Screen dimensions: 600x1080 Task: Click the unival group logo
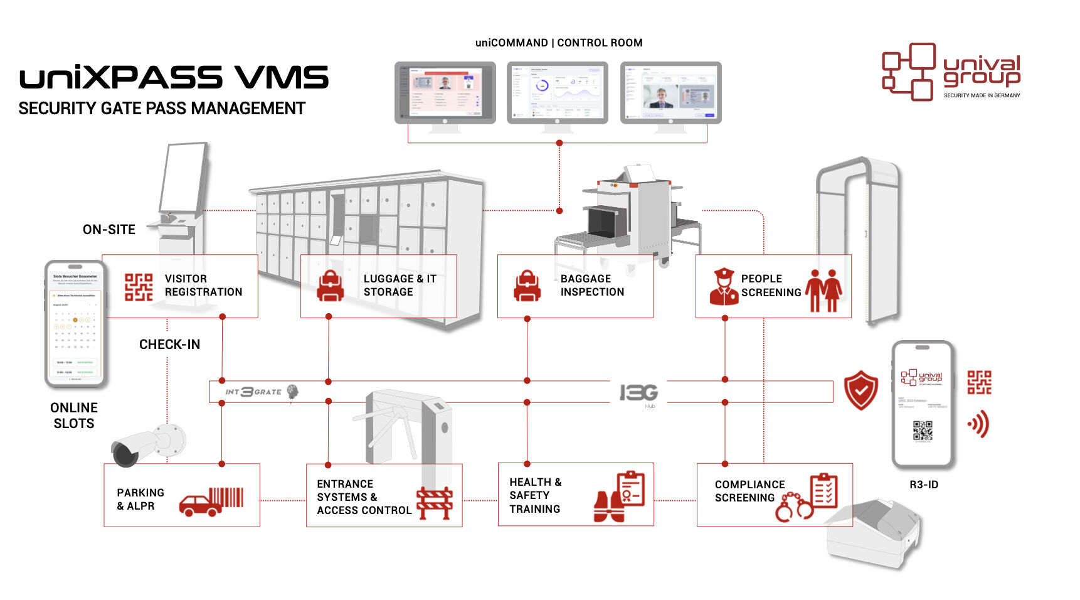[x=950, y=72]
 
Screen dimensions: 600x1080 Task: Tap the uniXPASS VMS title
[x=174, y=78]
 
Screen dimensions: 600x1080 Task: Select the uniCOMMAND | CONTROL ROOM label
[x=559, y=43]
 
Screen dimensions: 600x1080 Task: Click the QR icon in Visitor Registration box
[x=139, y=287]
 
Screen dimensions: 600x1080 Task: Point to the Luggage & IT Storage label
[x=400, y=286]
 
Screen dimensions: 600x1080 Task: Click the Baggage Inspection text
[x=592, y=286]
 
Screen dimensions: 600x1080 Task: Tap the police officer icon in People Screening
[x=724, y=287]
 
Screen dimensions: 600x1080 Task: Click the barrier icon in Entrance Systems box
[x=435, y=503]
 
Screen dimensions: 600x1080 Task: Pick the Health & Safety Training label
[x=535, y=495]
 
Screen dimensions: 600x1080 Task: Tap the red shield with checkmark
[x=861, y=390]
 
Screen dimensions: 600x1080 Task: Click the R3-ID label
[x=924, y=485]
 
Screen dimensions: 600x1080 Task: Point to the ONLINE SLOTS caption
[x=74, y=415]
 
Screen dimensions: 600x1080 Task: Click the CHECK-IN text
[x=169, y=345]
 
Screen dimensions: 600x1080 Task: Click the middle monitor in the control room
[x=558, y=94]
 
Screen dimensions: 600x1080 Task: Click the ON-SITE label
[x=109, y=230]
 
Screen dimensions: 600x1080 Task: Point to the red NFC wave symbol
[x=979, y=424]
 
